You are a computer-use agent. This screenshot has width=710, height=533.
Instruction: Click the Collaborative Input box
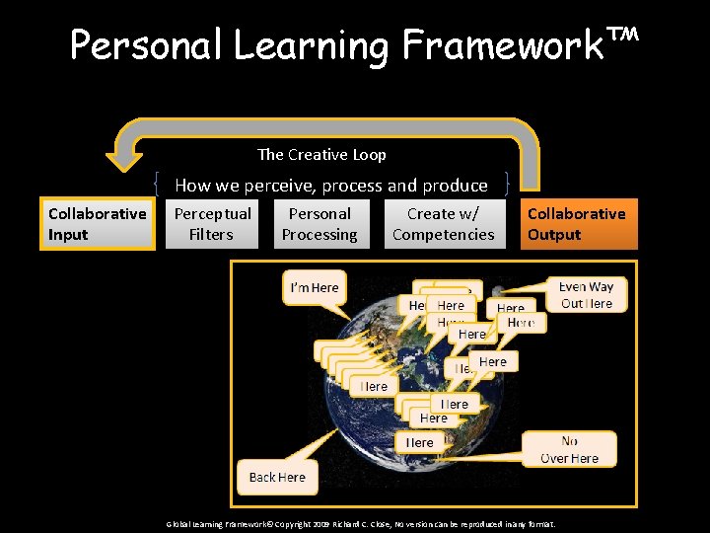[97, 224]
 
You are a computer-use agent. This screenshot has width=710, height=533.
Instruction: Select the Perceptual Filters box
[212, 224]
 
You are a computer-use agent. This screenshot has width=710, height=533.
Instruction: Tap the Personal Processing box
[319, 224]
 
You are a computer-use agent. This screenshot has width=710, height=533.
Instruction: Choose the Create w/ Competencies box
[444, 224]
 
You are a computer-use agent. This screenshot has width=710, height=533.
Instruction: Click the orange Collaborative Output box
[576, 224]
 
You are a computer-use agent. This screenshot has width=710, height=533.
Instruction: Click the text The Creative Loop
[321, 154]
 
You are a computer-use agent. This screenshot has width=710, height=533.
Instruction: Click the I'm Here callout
[314, 287]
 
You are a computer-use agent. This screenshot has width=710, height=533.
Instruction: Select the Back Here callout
[277, 477]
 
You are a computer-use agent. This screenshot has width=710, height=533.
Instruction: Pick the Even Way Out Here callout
[587, 295]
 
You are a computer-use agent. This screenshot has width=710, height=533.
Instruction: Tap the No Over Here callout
[570, 449]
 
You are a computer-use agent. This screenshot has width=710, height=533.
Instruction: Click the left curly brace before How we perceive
[158, 185]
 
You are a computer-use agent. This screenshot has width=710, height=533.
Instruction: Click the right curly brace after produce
[506, 185]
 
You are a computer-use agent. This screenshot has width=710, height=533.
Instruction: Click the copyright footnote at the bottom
[360, 523]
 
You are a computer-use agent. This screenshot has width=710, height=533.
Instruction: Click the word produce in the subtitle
[455, 186]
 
